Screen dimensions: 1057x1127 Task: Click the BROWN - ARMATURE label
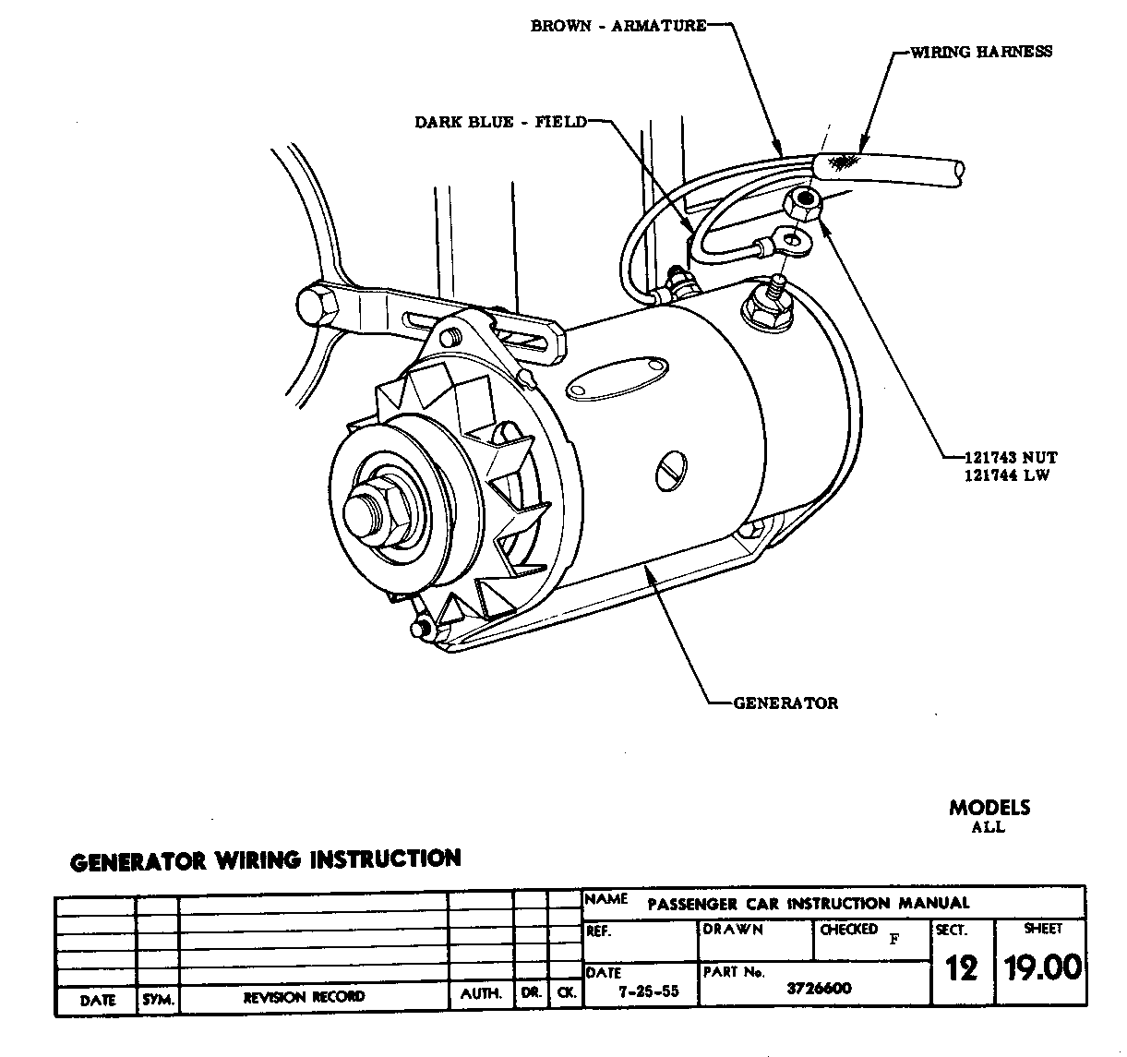[617, 26]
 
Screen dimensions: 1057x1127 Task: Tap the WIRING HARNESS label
[980, 52]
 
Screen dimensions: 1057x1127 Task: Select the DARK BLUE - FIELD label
[500, 122]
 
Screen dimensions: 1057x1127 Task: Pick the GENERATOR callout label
[785, 703]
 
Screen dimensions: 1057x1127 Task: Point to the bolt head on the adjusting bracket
[317, 306]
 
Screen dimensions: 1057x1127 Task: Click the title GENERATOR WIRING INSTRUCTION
[266, 860]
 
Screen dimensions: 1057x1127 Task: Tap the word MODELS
[989, 808]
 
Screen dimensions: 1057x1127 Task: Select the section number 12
[961, 968]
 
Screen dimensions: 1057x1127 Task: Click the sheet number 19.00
[1042, 967]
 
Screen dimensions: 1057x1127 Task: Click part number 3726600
[819, 989]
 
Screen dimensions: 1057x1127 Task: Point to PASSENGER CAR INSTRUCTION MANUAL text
[808, 903]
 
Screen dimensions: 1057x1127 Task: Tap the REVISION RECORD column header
[304, 997]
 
